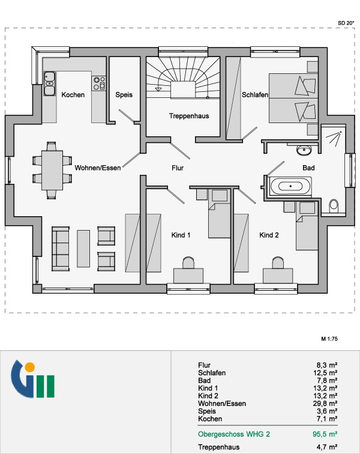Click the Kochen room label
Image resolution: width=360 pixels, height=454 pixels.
point(73,95)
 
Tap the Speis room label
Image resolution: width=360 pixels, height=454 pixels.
point(124,95)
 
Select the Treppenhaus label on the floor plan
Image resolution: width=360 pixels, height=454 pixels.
point(189,116)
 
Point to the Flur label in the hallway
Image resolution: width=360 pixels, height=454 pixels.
point(178,168)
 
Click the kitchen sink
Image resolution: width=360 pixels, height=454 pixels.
point(49,83)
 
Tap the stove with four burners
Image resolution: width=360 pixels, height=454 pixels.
point(98,83)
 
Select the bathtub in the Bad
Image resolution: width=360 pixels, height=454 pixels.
point(290,186)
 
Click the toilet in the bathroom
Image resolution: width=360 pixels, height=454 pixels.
point(334,205)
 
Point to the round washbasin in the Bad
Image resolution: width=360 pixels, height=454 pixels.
point(304,150)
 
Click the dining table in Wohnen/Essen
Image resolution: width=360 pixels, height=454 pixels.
point(52,171)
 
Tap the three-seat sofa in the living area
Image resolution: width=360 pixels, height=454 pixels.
point(61,249)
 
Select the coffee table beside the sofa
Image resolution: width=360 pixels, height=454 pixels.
point(83,249)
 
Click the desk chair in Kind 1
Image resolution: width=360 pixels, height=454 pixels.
point(188,262)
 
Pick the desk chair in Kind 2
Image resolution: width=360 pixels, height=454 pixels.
point(278,262)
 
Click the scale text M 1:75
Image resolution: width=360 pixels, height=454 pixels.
point(329,339)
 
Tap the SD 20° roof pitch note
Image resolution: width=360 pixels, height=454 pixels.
point(346,23)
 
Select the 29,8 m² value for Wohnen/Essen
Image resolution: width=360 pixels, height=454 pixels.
point(325,404)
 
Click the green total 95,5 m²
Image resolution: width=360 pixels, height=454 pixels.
point(325,434)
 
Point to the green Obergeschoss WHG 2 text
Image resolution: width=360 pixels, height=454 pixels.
point(234,434)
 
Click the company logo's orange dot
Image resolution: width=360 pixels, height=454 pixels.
point(29,367)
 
